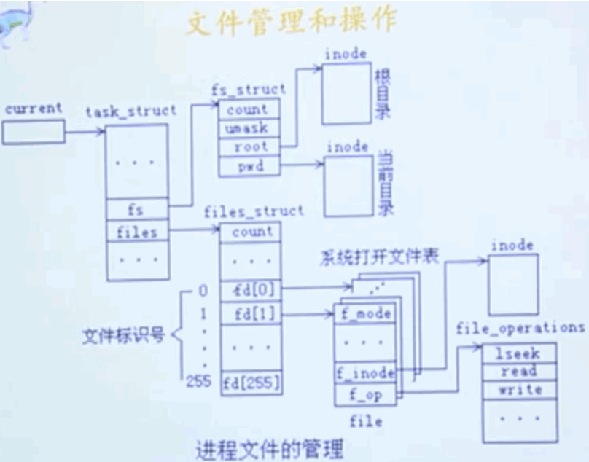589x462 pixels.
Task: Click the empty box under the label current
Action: click(33, 132)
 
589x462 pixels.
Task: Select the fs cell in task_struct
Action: click(137, 210)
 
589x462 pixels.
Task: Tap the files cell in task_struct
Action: click(137, 232)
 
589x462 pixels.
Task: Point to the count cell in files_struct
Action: click(251, 232)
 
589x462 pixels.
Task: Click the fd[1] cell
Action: click(251, 316)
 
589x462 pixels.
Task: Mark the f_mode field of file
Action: click(365, 315)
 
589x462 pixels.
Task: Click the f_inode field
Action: click(365, 373)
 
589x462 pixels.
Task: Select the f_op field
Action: click(365, 396)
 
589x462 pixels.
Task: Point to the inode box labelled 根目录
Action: click(346, 93)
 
